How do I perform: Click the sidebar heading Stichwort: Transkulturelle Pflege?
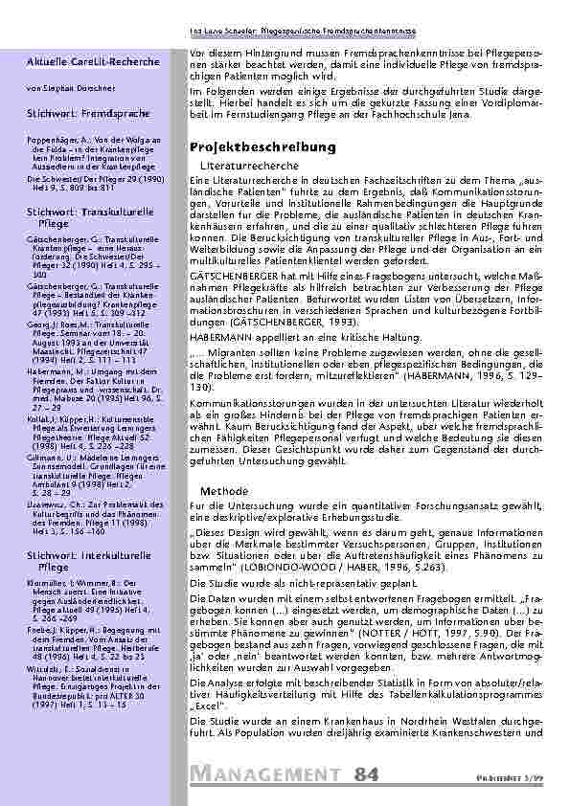point(80,214)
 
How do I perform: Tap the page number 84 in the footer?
point(366,772)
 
